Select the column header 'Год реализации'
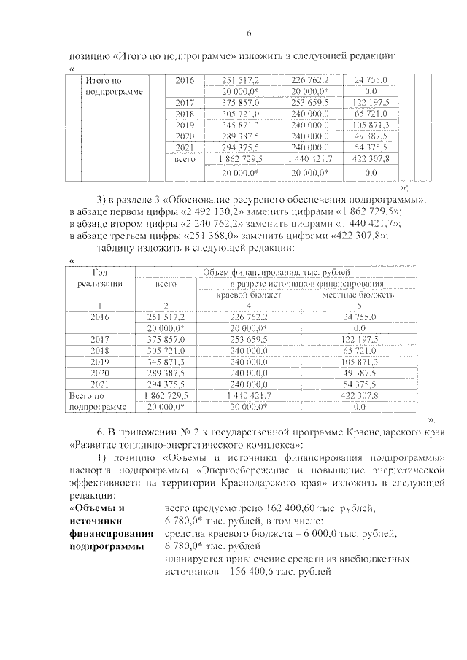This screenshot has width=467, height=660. [99, 277]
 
